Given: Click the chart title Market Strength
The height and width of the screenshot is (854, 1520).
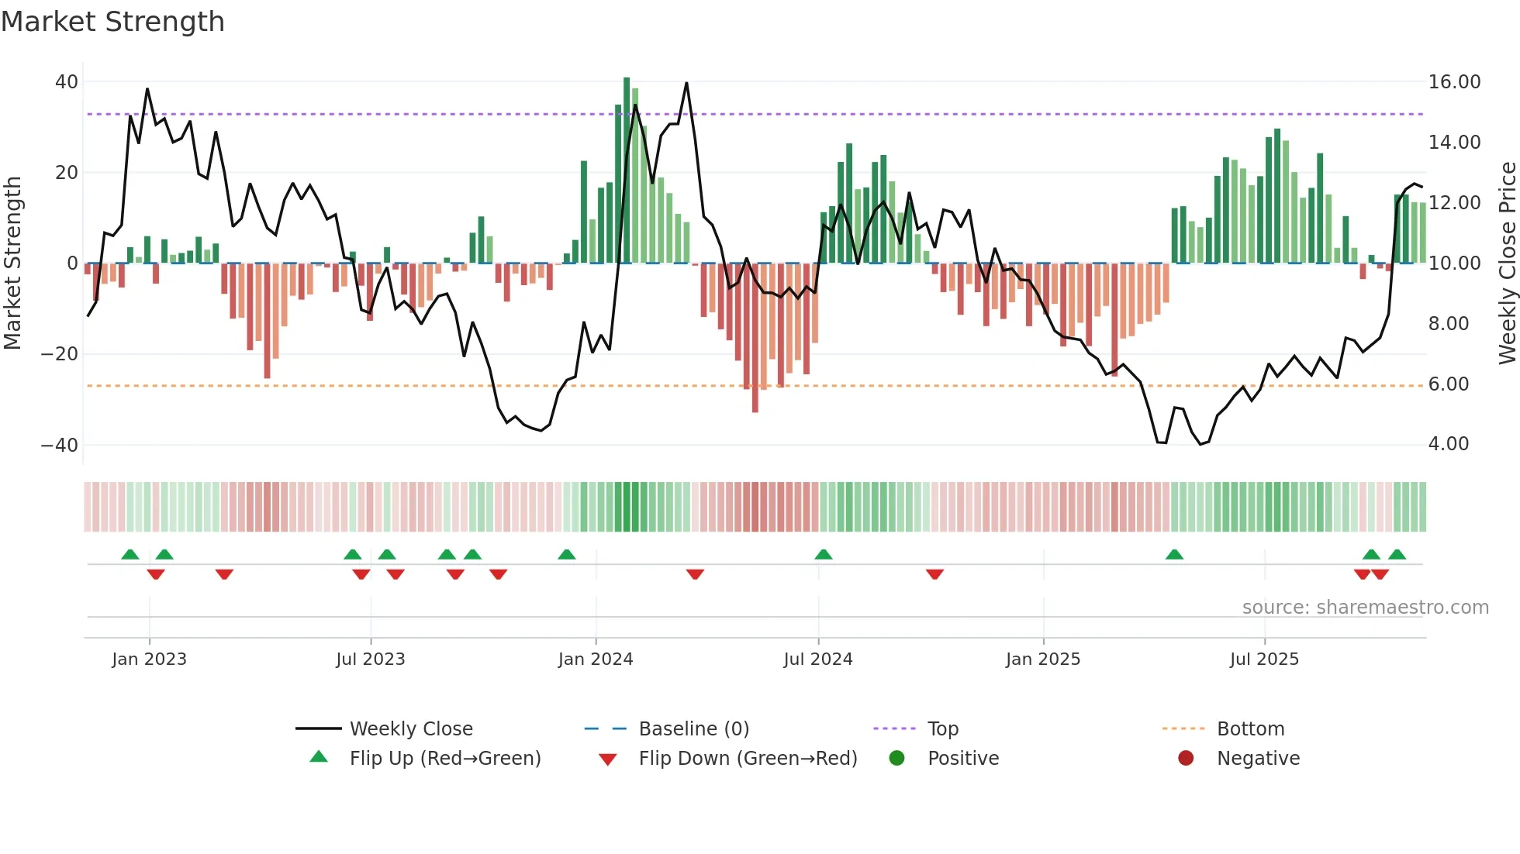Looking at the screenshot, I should (113, 22).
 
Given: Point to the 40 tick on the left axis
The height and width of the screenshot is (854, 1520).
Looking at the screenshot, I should (67, 82).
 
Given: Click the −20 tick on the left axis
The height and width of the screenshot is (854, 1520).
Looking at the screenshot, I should (60, 354).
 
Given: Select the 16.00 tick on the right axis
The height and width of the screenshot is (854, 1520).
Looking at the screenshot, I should (1454, 82).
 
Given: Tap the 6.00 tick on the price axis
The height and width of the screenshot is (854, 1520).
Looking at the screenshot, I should (1448, 384).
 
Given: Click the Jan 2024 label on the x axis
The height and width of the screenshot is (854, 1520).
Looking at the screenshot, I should (595, 659).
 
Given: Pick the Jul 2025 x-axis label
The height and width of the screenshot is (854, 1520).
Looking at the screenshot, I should (1263, 659).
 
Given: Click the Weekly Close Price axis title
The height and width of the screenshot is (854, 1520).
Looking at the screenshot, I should (1507, 263).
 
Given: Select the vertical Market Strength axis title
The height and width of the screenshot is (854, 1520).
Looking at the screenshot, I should (12, 263).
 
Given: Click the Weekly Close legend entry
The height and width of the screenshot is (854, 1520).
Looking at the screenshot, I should (410, 729).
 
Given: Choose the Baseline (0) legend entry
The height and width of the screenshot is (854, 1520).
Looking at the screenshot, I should (693, 729).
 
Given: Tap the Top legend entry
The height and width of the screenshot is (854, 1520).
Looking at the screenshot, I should (942, 729).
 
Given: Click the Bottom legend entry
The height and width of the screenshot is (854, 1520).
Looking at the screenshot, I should (1250, 729).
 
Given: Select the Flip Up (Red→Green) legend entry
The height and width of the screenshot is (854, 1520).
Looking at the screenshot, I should (444, 759).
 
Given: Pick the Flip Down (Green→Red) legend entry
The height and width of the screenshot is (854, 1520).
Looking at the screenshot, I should (747, 759).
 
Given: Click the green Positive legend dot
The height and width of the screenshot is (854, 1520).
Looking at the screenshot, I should (897, 759).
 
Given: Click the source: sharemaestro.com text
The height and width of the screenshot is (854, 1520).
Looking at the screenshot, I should (1365, 608).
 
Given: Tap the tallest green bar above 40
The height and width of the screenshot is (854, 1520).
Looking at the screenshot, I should (627, 170).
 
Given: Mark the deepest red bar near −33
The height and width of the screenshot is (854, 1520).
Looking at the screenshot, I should (755, 338).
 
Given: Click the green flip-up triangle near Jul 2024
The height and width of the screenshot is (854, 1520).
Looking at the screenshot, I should (824, 554).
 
